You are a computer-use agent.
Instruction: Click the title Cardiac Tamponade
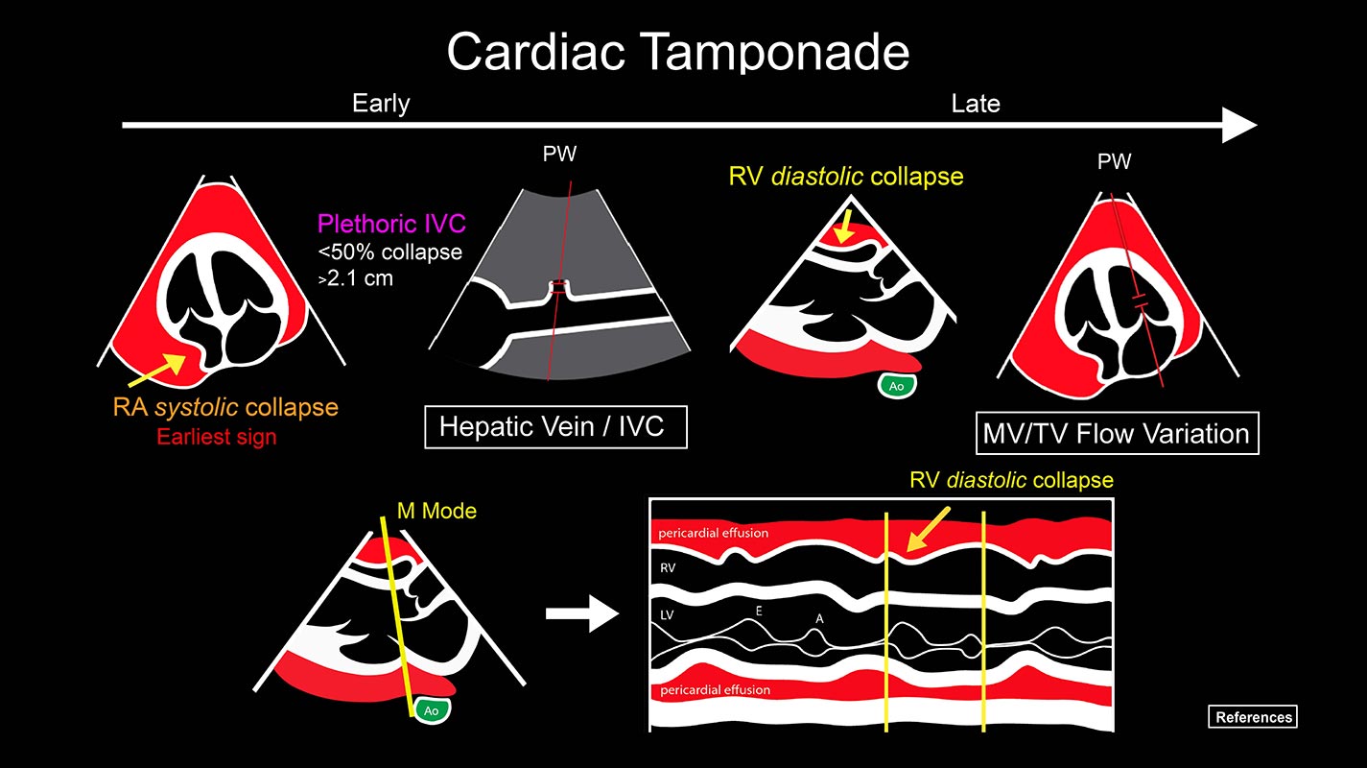click(677, 51)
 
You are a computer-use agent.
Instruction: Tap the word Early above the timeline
click(381, 103)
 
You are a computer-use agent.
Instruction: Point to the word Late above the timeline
click(975, 103)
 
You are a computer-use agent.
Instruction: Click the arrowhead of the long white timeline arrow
click(1239, 125)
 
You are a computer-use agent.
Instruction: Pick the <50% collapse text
click(389, 253)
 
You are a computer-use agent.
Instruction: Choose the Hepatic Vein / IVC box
click(556, 426)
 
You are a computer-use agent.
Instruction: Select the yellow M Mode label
click(436, 511)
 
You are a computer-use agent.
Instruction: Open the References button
click(1252, 717)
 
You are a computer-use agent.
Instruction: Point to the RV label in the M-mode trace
click(669, 568)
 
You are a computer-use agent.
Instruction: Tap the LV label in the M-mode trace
click(668, 612)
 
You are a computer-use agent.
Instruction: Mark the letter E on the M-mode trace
click(759, 609)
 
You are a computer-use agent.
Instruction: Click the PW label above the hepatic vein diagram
click(559, 154)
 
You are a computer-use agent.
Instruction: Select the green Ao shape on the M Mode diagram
click(432, 710)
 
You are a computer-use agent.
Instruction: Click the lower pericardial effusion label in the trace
click(714, 689)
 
